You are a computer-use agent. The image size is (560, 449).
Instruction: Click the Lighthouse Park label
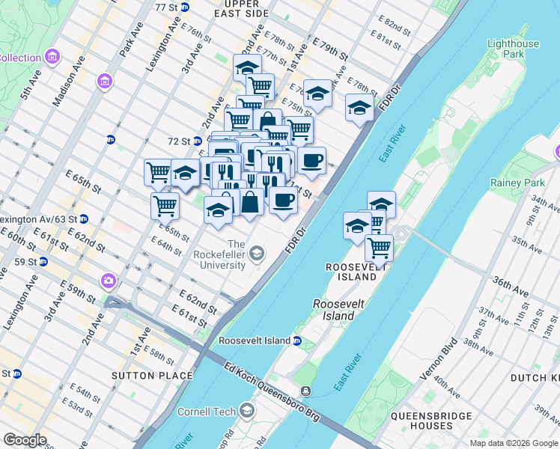tap(513, 49)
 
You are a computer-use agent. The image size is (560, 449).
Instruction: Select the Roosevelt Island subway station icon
tap(296, 341)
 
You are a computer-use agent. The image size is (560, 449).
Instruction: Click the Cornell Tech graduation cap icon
tap(246, 411)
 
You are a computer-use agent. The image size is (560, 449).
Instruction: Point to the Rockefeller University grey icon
tap(257, 254)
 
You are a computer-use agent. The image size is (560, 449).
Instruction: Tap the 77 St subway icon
tap(185, 7)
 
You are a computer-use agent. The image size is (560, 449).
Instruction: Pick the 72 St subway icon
tap(198, 141)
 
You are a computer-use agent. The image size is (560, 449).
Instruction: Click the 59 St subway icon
tap(43, 262)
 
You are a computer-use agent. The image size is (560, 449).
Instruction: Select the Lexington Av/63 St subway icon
tap(84, 219)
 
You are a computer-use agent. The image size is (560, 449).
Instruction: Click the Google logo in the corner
tap(24, 440)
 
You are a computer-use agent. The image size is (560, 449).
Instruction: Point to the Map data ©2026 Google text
tap(514, 443)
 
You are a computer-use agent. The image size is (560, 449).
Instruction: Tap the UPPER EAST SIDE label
tap(240, 8)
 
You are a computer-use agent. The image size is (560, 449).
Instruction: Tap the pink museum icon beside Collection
tap(52, 57)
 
